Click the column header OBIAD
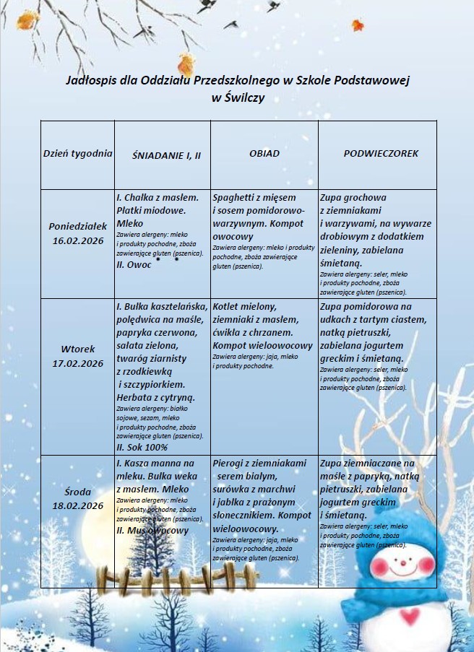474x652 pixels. pyautogui.click(x=264, y=154)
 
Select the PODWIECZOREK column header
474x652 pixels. pyautogui.click(x=381, y=154)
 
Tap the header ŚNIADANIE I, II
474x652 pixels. pyautogui.click(x=166, y=155)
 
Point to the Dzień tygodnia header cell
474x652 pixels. pyautogui.click(x=77, y=153)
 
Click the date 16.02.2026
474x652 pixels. pyautogui.click(x=78, y=240)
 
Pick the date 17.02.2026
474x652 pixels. pyautogui.click(x=78, y=363)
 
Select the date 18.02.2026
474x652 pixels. pyautogui.click(x=78, y=505)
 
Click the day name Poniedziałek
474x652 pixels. pyautogui.click(x=78, y=226)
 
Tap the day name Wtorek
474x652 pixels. pyautogui.click(x=78, y=349)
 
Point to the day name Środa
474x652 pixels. pyautogui.click(x=78, y=492)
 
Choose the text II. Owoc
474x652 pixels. pyautogui.click(x=134, y=265)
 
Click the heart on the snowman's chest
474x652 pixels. pyautogui.click(x=410, y=617)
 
